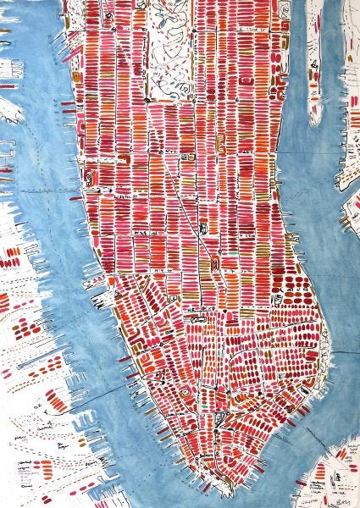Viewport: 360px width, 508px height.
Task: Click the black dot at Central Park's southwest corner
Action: tap(148, 99)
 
